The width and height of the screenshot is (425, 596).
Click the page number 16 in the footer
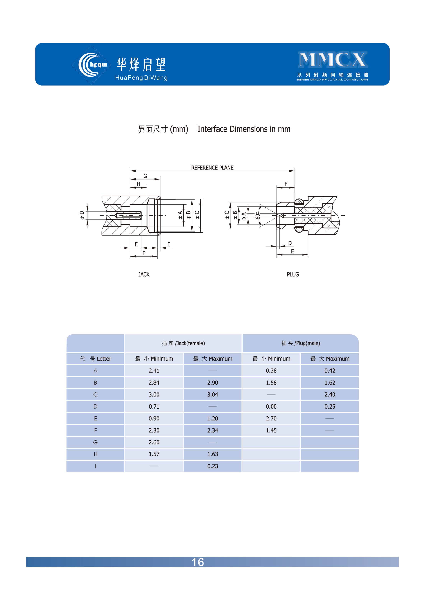coord(198,562)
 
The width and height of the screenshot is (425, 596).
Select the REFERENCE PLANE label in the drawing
coord(212,168)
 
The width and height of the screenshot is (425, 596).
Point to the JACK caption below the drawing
coord(144,274)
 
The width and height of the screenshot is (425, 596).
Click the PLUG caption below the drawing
coord(293,274)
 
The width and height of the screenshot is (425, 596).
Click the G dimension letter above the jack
coord(145,176)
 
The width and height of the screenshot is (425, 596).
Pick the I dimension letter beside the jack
coord(169,244)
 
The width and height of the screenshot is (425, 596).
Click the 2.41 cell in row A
coord(154,371)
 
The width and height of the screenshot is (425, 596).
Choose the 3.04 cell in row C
coord(213,395)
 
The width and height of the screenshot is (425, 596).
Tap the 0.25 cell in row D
coord(330,406)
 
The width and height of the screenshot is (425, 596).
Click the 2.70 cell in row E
coord(271,418)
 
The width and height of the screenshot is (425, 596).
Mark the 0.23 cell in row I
coord(213,466)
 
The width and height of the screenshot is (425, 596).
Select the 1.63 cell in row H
coord(213,454)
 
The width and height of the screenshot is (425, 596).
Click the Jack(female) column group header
coord(183,343)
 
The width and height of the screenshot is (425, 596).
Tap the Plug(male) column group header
coord(301,343)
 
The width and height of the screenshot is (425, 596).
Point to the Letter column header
coord(96,359)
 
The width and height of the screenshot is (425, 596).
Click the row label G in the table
coord(96,442)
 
